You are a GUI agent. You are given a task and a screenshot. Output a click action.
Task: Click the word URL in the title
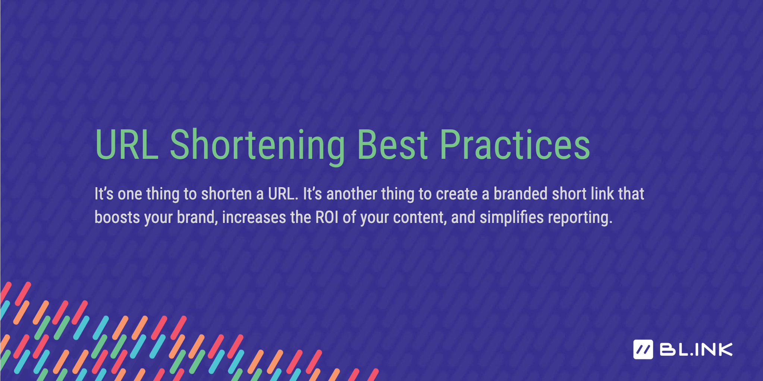click(x=127, y=145)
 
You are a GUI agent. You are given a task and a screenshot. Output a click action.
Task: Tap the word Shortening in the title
click(x=257, y=145)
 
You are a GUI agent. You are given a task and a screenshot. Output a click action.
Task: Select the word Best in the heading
click(x=392, y=145)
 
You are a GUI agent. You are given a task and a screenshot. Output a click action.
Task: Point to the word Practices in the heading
click(x=515, y=145)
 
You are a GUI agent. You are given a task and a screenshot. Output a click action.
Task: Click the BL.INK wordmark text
click(x=696, y=350)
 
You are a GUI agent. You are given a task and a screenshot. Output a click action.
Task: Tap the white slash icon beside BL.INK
click(x=643, y=350)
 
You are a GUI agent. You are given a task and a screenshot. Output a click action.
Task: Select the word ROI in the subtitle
click(x=327, y=217)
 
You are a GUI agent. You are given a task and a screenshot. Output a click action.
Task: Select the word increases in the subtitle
click(x=254, y=217)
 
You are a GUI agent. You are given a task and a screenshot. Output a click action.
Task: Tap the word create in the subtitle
click(x=457, y=194)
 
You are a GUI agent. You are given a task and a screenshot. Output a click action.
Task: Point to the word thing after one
click(x=163, y=195)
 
